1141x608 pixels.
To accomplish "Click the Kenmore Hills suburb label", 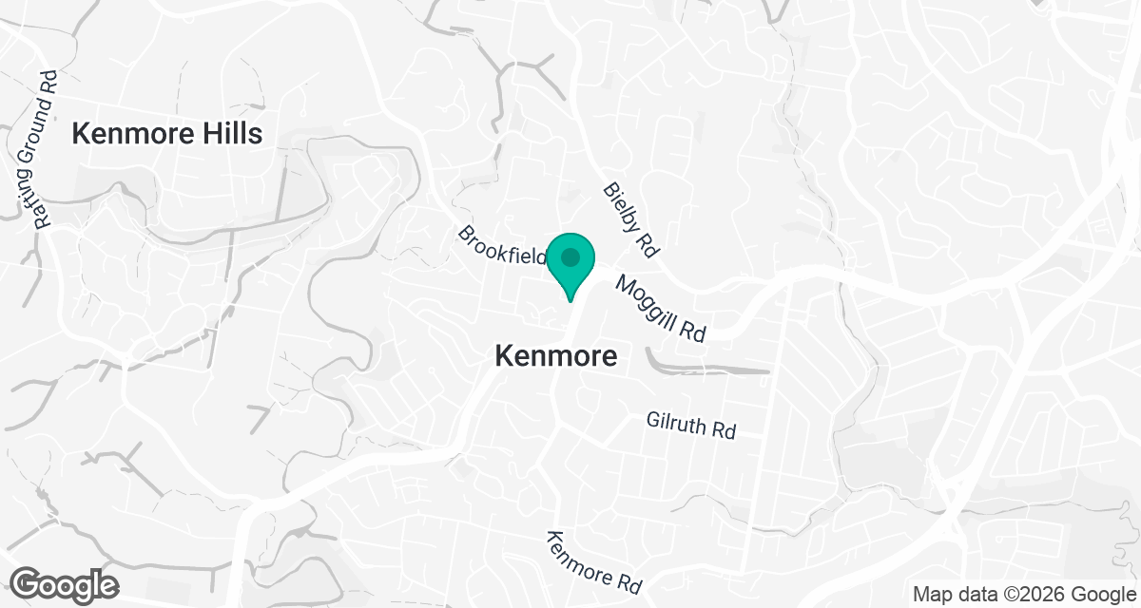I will (x=167, y=134).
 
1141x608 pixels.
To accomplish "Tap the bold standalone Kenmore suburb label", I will (x=556, y=356).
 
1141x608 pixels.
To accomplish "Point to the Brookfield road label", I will (x=502, y=246).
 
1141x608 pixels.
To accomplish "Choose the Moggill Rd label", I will (x=662, y=310).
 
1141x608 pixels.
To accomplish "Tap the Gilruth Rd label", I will (x=691, y=425).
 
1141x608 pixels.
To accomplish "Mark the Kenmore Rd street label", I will (x=594, y=561).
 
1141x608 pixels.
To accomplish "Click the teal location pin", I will (x=570, y=263).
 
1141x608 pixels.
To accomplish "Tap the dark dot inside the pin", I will (x=570, y=256).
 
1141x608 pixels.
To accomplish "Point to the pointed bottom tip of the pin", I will (x=570, y=300).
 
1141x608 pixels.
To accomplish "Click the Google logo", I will (x=65, y=583).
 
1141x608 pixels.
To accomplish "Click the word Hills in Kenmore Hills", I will (x=227, y=134).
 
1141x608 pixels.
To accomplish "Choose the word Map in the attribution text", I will (x=931, y=594).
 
